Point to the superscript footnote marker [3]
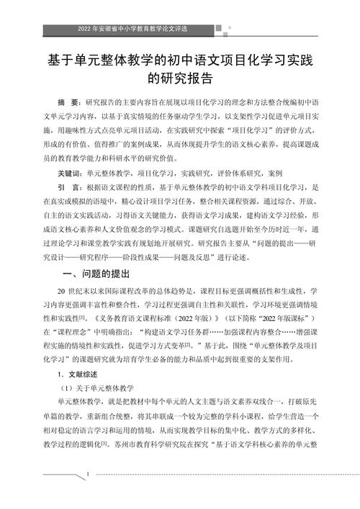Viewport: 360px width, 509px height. pyautogui.click(x=106, y=445)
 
